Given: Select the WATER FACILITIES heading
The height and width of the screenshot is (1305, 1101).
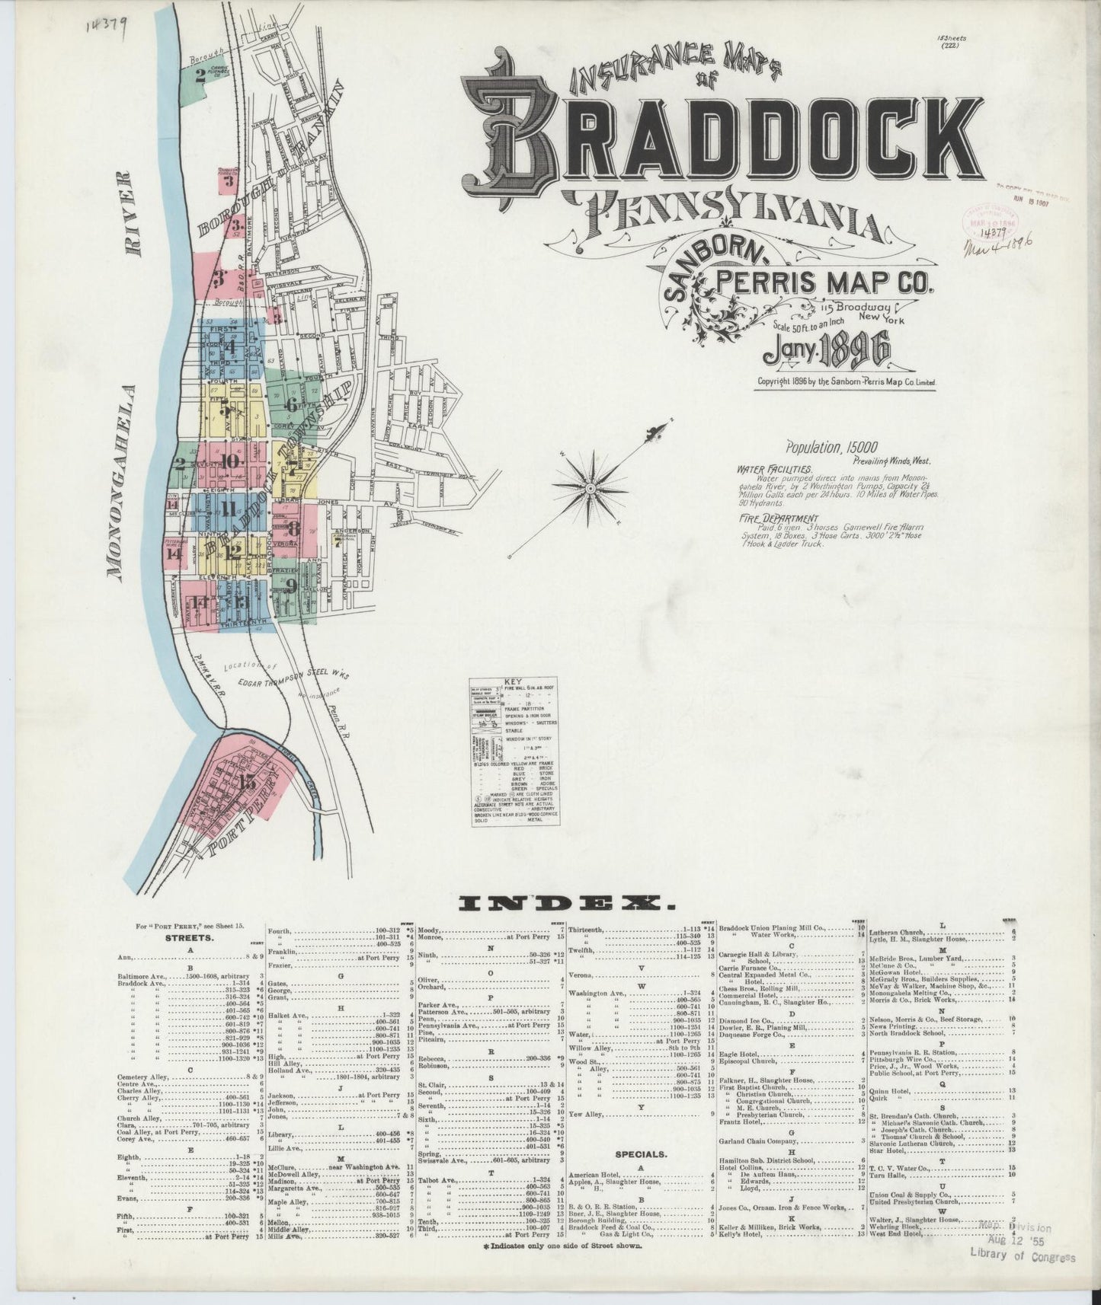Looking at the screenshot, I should point(774,470).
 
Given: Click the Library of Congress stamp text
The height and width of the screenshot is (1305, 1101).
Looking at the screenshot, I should point(1022,1278).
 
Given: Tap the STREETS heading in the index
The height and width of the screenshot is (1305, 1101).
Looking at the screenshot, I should point(187,938).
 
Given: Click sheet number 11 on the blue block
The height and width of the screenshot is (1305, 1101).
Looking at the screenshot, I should point(227,509).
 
